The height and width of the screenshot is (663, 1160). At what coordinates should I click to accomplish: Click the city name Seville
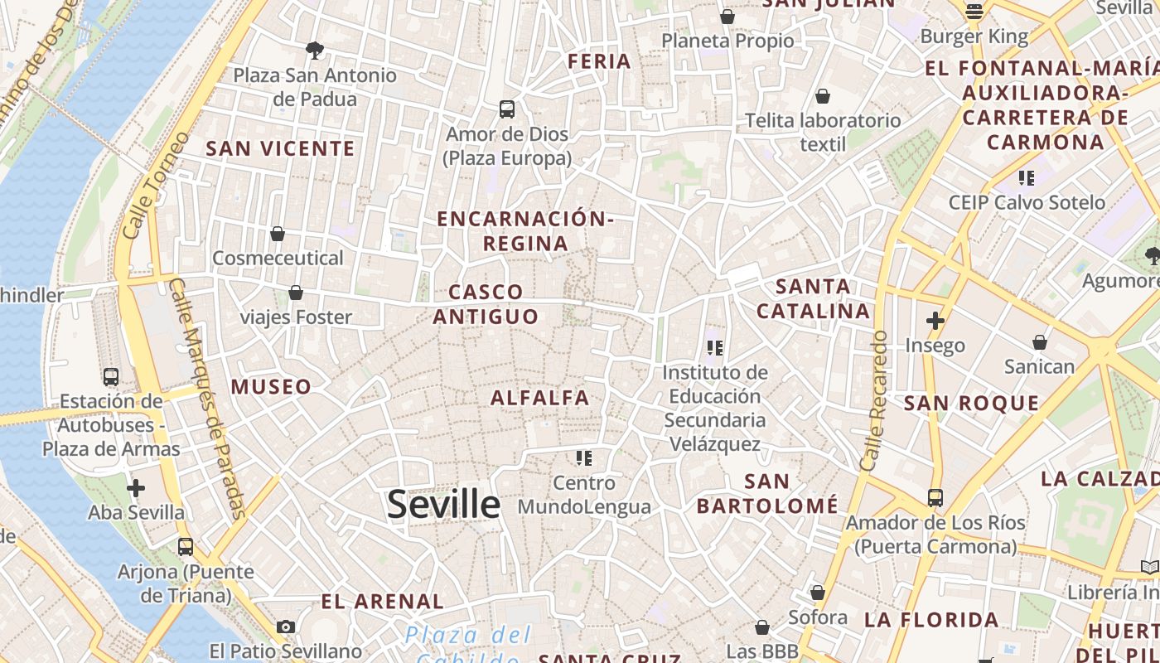(x=443, y=504)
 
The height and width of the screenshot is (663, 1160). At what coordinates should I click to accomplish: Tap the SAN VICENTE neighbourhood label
(x=280, y=149)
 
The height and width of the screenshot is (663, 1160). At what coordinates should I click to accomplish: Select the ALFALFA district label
(x=540, y=398)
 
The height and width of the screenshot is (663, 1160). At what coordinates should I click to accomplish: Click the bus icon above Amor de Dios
(x=506, y=109)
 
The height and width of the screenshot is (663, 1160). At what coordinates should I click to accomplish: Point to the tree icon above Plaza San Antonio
(x=314, y=50)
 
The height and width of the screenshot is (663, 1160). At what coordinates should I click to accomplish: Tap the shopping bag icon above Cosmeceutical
(x=278, y=234)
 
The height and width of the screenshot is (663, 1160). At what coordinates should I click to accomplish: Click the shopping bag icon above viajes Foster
(x=296, y=293)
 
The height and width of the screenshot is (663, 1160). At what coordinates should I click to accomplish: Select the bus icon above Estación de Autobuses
(x=111, y=377)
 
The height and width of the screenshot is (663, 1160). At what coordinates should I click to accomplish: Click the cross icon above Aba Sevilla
(x=136, y=487)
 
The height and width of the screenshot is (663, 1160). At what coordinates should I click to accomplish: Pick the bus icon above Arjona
(x=186, y=547)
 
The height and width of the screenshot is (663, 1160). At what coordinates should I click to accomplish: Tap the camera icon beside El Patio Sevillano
(x=286, y=627)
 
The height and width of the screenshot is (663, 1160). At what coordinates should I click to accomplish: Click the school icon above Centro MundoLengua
(x=584, y=457)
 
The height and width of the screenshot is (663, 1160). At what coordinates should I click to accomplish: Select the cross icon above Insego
(x=935, y=321)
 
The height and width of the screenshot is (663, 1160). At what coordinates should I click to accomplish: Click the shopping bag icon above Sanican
(x=1039, y=341)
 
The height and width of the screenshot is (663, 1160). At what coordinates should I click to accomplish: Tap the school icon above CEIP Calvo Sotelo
(x=1027, y=177)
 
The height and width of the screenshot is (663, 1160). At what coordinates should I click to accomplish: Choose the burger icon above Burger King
(x=974, y=12)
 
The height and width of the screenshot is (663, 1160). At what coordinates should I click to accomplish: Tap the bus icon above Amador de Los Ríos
(x=935, y=498)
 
